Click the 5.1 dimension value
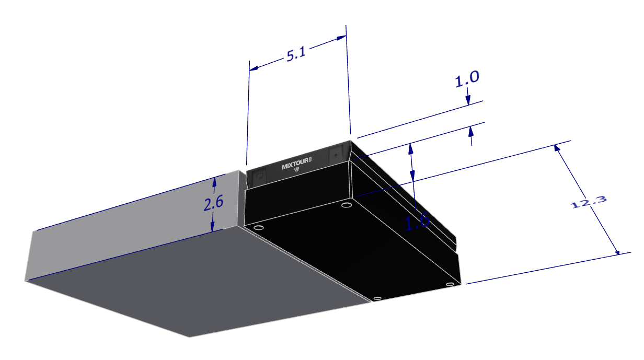click(296, 54)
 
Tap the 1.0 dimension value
click(467, 78)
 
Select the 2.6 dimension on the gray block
click(213, 203)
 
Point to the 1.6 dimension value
click(417, 222)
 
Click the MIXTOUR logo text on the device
click(296, 164)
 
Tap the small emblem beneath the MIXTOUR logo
click(297, 170)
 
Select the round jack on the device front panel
click(335, 155)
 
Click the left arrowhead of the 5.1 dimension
click(254, 68)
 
